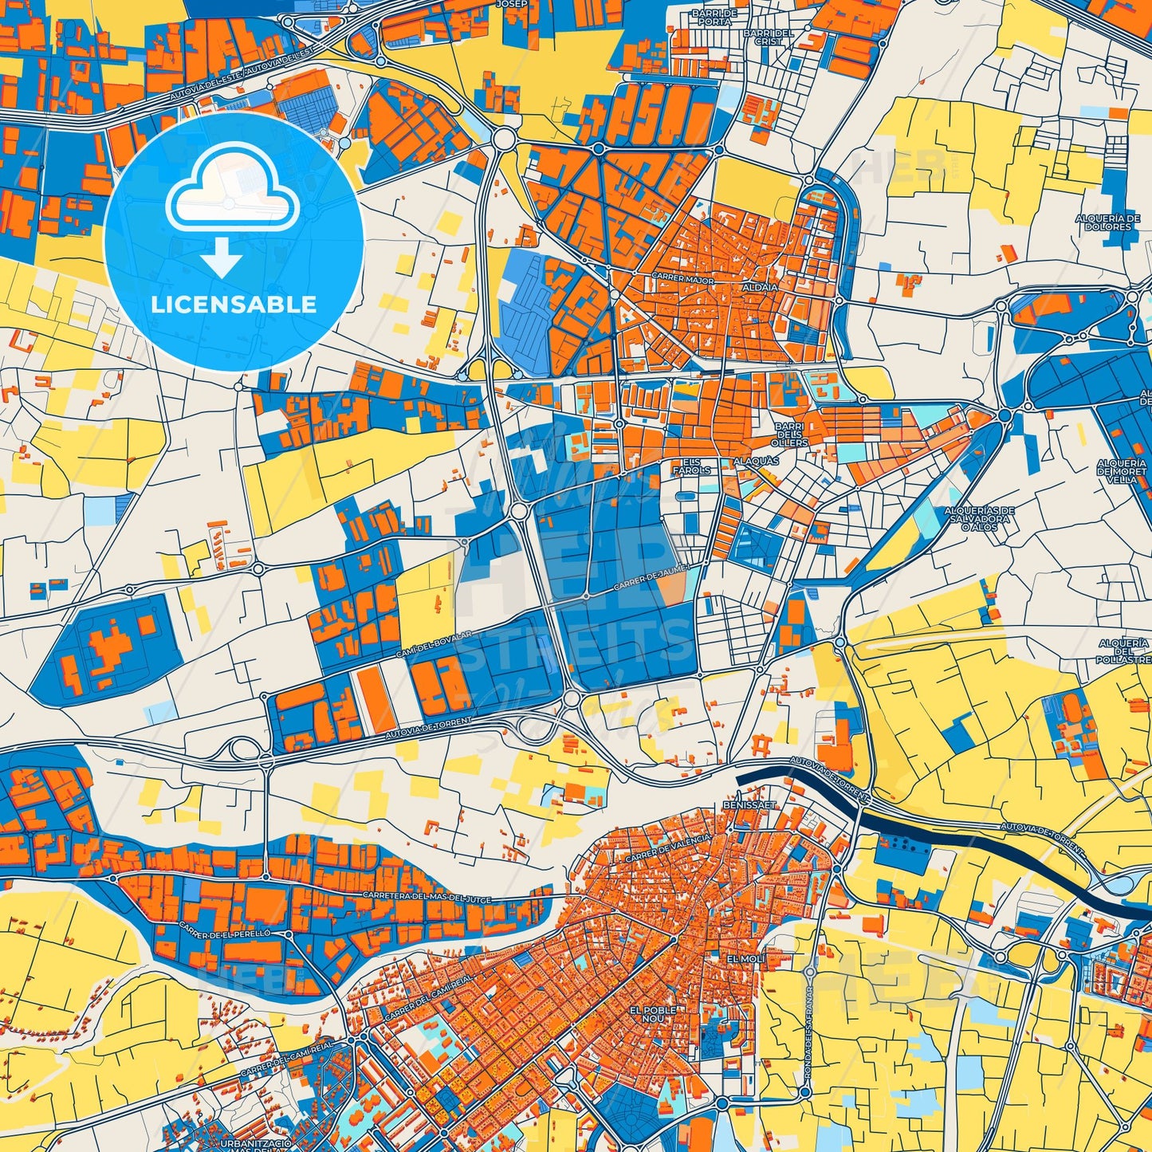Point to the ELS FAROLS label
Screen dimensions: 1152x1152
(691, 466)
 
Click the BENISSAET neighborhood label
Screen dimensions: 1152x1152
(749, 805)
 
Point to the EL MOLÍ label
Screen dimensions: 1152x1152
(741, 957)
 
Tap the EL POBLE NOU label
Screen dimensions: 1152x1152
(653, 1014)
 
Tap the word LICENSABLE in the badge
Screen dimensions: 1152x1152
(234, 304)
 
